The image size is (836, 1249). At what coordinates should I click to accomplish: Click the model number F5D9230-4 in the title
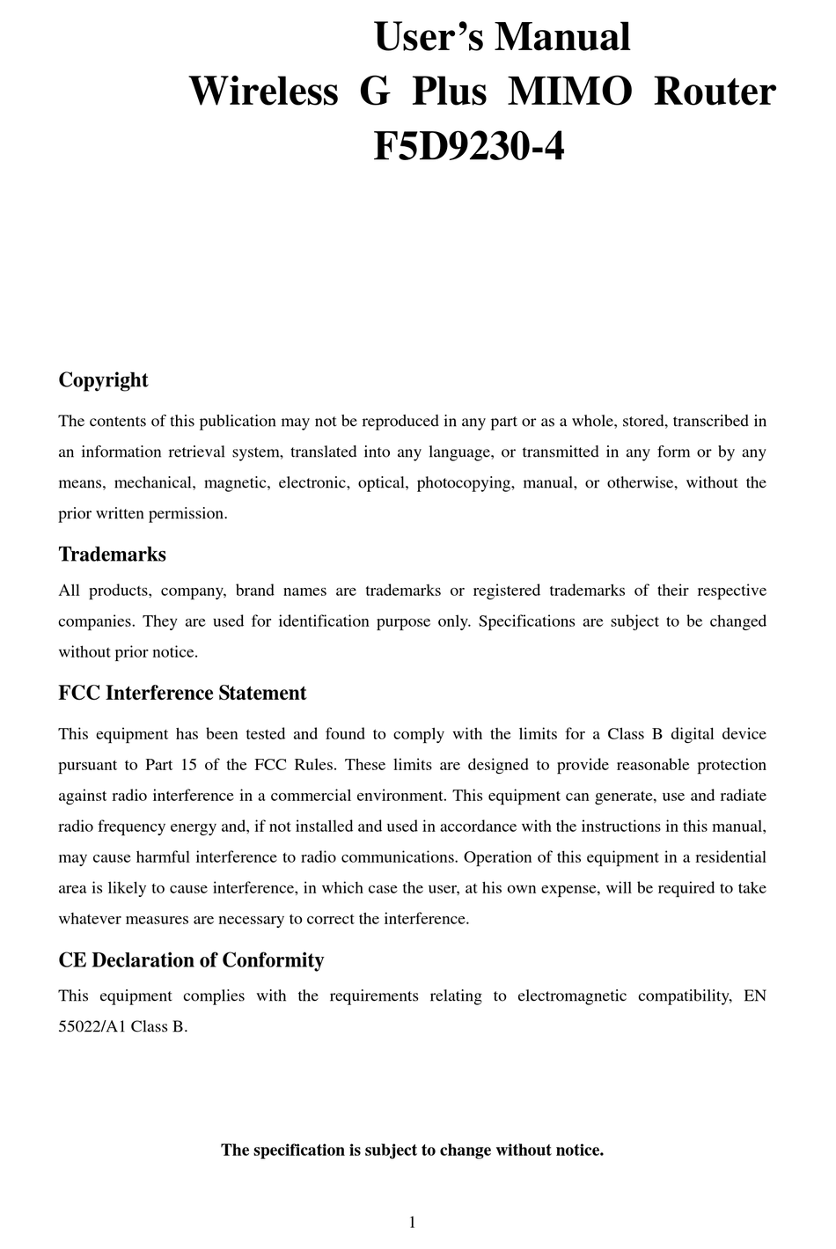468,146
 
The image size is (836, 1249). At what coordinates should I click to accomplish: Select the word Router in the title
714,92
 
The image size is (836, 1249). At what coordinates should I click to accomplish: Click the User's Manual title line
502,37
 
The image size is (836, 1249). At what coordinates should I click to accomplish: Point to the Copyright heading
103,380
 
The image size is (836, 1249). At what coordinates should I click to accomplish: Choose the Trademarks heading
112,555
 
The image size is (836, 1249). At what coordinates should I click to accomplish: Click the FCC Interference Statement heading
182,694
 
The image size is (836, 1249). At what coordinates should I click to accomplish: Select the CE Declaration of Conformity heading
191,960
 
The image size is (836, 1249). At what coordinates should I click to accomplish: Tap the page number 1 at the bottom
413,1222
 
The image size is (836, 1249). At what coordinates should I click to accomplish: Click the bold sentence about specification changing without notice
412,1150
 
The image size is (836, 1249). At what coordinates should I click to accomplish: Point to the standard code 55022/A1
92,1027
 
